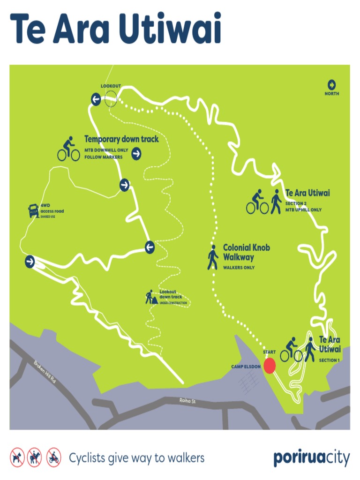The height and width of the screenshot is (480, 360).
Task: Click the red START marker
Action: (x=269, y=366)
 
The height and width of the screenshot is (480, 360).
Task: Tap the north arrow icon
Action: (x=332, y=85)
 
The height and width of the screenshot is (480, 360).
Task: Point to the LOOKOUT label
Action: (x=111, y=86)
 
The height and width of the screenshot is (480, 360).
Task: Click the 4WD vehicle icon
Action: (x=33, y=210)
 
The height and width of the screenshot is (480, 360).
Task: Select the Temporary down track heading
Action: (x=121, y=139)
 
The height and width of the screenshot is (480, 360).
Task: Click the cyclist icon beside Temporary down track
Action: (x=68, y=149)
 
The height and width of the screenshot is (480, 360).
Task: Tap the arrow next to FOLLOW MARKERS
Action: (x=136, y=153)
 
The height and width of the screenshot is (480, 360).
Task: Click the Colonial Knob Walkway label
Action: (x=246, y=252)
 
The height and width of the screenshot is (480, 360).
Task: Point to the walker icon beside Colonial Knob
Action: (x=213, y=257)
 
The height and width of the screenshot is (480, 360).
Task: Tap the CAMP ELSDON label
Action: (x=246, y=367)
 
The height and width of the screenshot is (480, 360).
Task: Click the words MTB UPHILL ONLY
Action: (x=303, y=210)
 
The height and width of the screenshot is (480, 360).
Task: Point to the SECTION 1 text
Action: (x=329, y=360)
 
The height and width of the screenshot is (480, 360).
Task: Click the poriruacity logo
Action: (x=311, y=458)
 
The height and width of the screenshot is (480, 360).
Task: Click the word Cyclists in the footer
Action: (x=87, y=458)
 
